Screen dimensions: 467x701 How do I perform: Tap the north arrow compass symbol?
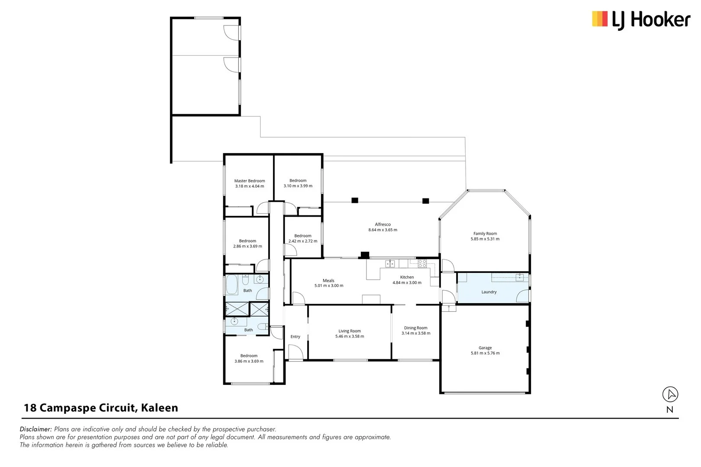tap(670, 394)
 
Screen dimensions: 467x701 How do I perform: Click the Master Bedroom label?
tap(250, 181)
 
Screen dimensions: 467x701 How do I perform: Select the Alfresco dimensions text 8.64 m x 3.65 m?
tap(383, 230)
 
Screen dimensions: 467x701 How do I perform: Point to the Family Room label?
tap(485, 233)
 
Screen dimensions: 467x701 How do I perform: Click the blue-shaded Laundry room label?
tap(489, 292)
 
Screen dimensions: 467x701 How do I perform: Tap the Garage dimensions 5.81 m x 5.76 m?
tap(485, 353)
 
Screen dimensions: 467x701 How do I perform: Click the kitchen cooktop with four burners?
tap(422, 263)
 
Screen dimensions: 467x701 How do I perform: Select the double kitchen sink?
tap(390, 263)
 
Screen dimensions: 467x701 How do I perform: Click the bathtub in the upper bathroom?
tap(232, 285)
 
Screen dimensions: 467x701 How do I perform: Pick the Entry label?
tap(295, 336)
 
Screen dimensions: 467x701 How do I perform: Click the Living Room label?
tap(350, 331)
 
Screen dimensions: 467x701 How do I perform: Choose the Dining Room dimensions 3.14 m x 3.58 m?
tap(416, 333)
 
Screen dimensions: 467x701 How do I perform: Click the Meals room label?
tap(328, 281)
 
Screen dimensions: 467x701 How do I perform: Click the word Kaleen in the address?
tap(160, 408)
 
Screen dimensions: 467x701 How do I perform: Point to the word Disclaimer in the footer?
tap(36, 429)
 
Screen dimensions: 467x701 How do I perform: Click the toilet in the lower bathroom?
tap(262, 326)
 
